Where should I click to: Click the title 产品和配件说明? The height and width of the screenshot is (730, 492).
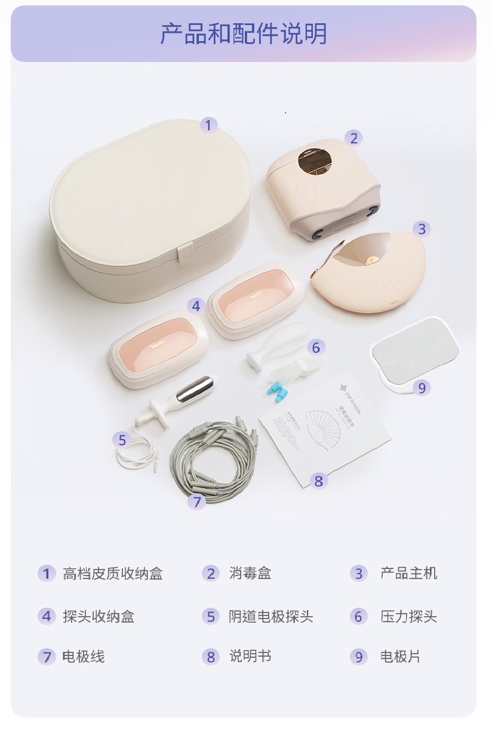(x=244, y=34)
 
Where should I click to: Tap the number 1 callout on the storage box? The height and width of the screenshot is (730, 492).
(x=208, y=125)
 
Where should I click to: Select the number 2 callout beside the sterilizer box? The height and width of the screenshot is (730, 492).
(x=353, y=138)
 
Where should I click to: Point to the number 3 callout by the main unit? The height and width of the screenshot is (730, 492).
(x=422, y=228)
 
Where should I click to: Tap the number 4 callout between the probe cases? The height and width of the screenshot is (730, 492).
(x=196, y=306)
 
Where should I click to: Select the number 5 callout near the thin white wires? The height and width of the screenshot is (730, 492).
(x=122, y=440)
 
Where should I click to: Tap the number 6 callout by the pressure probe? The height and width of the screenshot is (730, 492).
(x=316, y=347)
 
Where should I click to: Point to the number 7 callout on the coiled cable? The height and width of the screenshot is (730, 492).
(x=197, y=502)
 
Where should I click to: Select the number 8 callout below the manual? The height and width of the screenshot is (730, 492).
(x=318, y=480)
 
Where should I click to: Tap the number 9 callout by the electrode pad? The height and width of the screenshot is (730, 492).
(x=422, y=388)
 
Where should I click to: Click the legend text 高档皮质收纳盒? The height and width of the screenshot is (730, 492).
(x=112, y=574)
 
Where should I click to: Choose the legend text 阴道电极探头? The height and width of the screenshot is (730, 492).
(x=270, y=616)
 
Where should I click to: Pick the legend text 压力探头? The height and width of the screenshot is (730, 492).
(x=408, y=616)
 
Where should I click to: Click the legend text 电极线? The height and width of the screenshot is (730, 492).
(x=83, y=657)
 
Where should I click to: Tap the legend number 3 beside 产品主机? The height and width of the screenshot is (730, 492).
(x=358, y=574)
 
